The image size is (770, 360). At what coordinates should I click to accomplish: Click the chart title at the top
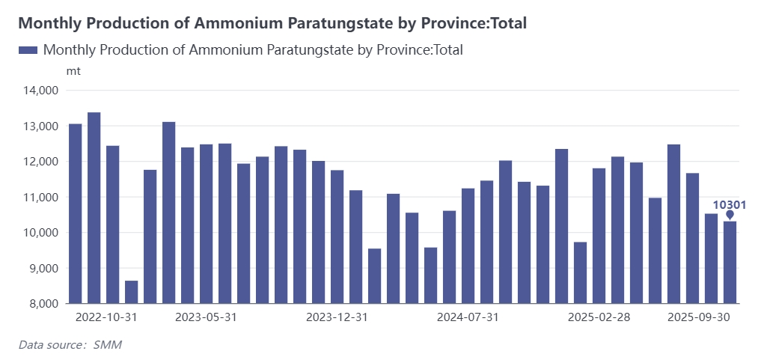click(x=272, y=23)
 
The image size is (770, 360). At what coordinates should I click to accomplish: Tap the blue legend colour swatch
click(x=28, y=50)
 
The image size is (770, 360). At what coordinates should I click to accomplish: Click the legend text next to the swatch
click(x=253, y=50)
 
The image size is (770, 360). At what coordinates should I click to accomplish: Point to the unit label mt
click(x=73, y=71)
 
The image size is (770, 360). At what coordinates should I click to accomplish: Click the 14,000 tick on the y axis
click(x=42, y=91)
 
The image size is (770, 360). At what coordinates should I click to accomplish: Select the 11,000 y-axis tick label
click(x=42, y=198)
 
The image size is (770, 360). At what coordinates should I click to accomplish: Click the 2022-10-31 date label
click(x=106, y=317)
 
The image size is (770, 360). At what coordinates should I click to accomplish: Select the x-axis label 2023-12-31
click(x=337, y=317)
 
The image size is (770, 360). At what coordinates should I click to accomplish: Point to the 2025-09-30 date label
click(x=698, y=317)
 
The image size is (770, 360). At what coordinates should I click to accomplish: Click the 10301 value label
click(x=730, y=204)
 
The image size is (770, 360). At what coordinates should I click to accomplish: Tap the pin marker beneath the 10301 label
click(x=730, y=216)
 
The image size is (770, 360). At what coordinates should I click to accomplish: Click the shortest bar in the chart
click(x=132, y=292)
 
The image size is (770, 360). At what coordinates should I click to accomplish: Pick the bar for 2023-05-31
click(x=207, y=224)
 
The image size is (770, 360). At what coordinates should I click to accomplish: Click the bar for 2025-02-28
click(x=599, y=236)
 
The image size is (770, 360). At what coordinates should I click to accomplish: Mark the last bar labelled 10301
click(x=730, y=263)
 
